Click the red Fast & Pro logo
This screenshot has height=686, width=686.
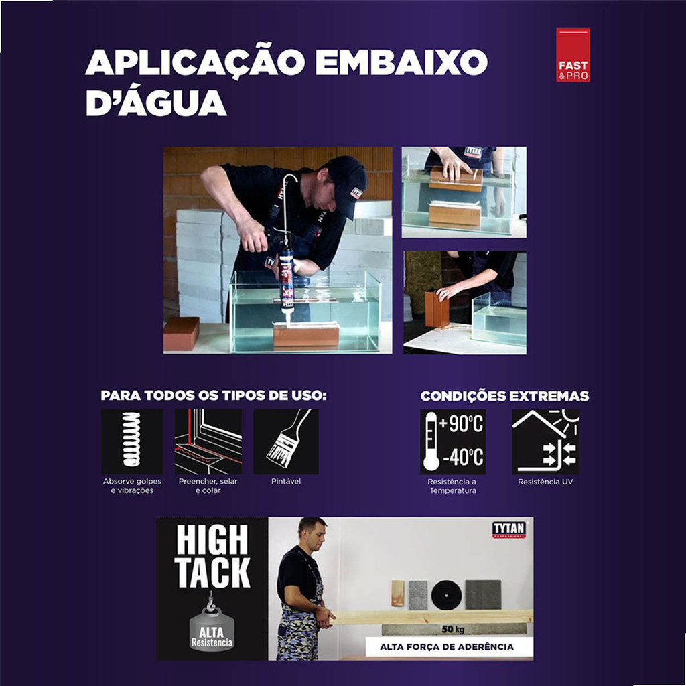pyautogui.click(x=573, y=55)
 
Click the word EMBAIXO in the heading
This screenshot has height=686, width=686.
pyautogui.click(x=401, y=62)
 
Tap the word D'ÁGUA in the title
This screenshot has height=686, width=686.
pyautogui.click(x=156, y=102)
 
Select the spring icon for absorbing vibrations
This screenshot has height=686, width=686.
pyautogui.click(x=132, y=441)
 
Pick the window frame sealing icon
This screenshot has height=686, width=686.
pyautogui.click(x=208, y=441)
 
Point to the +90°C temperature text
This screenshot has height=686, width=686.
pyautogui.click(x=462, y=423)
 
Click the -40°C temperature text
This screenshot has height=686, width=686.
pyautogui.click(x=463, y=457)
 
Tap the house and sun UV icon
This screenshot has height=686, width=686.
pyautogui.click(x=545, y=441)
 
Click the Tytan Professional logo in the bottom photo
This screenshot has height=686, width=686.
pyautogui.click(x=509, y=529)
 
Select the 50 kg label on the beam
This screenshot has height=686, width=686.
pyautogui.click(x=453, y=629)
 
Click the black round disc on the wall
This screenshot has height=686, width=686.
pyautogui.click(x=446, y=595)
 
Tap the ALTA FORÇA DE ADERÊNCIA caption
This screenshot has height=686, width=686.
pyautogui.click(x=447, y=647)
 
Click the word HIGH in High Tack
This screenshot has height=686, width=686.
pyautogui.click(x=212, y=541)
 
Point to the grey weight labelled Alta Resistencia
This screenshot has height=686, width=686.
pyautogui.click(x=212, y=629)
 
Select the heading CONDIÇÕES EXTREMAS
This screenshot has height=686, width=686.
pyautogui.click(x=504, y=396)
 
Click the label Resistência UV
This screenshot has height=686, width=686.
pyautogui.click(x=545, y=482)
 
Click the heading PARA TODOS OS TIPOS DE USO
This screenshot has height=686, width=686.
pyautogui.click(x=214, y=395)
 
